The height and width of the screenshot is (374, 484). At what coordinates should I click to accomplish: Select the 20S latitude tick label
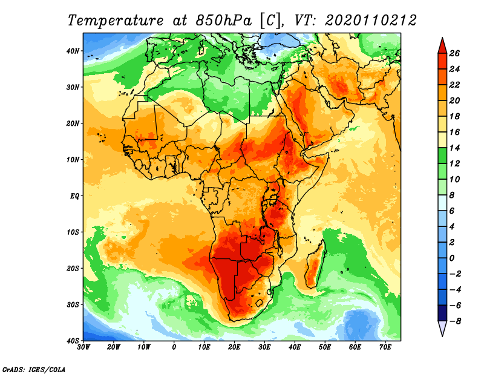73,268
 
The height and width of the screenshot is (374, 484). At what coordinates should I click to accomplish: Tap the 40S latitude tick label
73,341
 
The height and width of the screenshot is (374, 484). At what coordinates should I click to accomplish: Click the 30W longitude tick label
83,347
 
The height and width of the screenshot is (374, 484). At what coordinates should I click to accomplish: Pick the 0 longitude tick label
174,347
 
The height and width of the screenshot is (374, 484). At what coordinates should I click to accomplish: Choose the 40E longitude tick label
295,347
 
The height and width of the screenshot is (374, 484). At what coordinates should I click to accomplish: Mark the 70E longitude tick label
385,347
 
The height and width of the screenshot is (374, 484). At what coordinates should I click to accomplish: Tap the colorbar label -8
455,321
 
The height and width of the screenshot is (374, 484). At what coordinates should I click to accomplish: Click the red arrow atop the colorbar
442,44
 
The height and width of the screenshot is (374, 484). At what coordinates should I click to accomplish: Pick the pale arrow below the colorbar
442,329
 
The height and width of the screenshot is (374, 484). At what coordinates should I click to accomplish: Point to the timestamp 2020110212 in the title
370,20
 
